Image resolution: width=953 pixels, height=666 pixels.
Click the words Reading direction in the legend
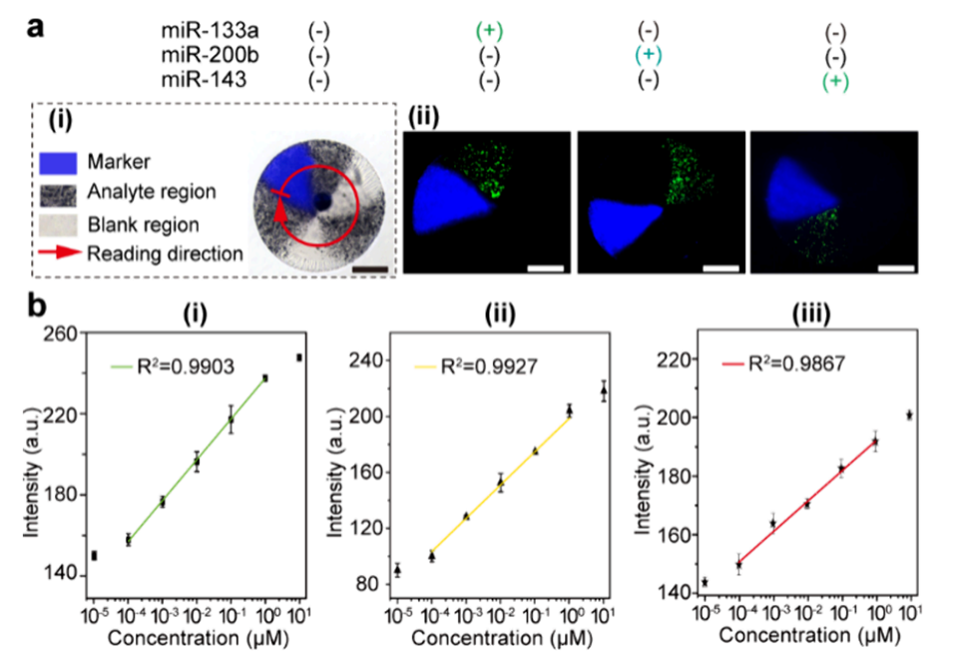(x=166, y=254)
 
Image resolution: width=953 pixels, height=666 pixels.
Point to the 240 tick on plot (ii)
(x=370, y=358)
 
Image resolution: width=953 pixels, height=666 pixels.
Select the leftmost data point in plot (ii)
(x=397, y=570)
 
